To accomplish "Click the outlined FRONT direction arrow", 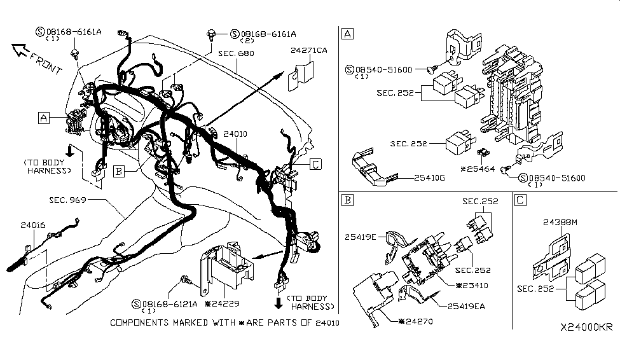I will [x=33, y=57].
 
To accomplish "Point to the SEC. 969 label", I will [x=68, y=200].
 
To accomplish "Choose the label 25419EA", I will [x=467, y=306].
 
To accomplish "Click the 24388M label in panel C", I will [x=561, y=223].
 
